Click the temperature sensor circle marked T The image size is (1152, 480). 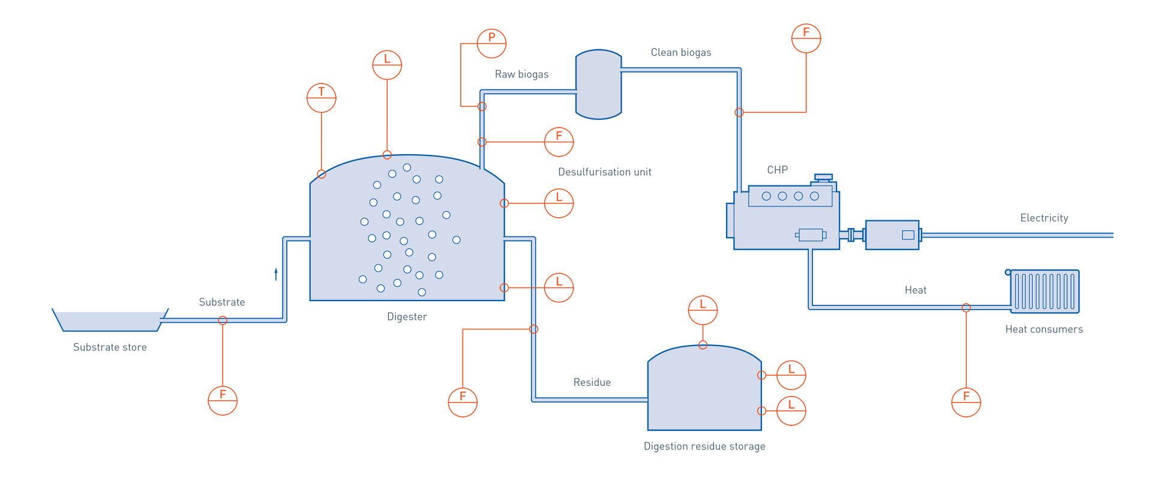click(321, 98)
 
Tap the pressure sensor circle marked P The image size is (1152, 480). click(491, 43)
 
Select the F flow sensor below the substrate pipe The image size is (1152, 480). click(223, 400)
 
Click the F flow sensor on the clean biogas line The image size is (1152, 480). click(806, 38)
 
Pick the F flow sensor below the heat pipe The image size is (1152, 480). click(966, 402)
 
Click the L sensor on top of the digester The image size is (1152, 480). click(387, 65)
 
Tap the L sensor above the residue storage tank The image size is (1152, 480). click(703, 310)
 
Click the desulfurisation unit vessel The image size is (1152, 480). click(598, 84)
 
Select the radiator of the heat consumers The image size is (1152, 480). click(1045, 291)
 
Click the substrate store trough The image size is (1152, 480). click(110, 321)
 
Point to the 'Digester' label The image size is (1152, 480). click(407, 316)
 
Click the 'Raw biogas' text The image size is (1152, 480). click(521, 74)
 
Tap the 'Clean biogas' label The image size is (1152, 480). click(681, 53)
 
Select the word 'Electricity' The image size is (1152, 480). click(1044, 218)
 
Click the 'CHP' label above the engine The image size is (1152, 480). click(777, 170)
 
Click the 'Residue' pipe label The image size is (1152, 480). click(592, 382)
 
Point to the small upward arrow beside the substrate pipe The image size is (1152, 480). click(276, 274)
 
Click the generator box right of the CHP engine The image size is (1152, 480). click(892, 235)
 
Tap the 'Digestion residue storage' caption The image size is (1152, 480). click(704, 446)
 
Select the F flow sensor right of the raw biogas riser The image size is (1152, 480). click(559, 142)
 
